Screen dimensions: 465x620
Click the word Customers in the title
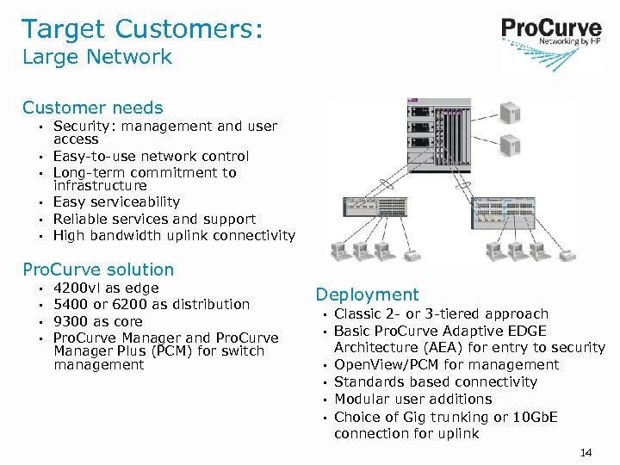176,28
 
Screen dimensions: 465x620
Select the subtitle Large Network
96,58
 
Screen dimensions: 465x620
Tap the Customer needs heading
92,108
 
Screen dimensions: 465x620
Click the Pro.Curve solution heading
98,270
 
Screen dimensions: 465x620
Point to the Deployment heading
367,295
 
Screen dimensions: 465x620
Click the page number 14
587,452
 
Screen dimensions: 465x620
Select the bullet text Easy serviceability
116,202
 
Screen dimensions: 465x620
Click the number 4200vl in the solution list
77,288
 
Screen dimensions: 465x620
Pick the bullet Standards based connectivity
435,381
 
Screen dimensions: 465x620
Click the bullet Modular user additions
412,399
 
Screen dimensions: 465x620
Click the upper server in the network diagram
512,112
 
